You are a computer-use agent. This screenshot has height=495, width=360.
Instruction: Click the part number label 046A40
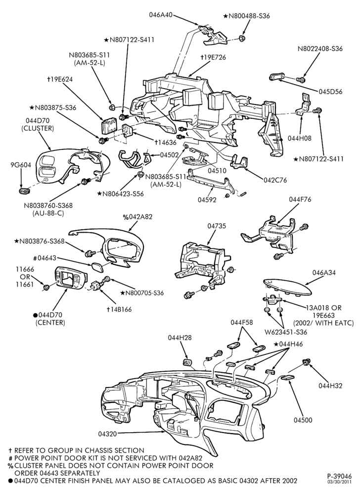pos(161,15)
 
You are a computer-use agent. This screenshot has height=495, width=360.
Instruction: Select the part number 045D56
pos(330,92)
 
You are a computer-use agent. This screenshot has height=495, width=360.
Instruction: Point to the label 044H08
pos(300,138)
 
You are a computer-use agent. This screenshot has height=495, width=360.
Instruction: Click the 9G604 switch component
pos(24,191)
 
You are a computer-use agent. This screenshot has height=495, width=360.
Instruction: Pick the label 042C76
pos(275,180)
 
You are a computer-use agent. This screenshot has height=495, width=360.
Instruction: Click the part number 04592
pos(207,200)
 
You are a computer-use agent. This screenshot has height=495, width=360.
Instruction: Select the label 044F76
pos(301,199)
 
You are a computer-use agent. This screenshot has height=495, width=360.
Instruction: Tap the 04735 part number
pos(217,226)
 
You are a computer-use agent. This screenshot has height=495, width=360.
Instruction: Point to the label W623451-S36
pos(286,332)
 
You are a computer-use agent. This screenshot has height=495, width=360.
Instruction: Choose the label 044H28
pos(180,338)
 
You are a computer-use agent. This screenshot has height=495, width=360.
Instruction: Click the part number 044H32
pos(330,386)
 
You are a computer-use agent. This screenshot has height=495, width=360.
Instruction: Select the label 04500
pos(303,420)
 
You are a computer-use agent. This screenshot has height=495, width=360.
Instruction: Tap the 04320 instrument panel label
pos(107,435)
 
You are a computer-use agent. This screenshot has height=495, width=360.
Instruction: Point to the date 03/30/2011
pos(339,482)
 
